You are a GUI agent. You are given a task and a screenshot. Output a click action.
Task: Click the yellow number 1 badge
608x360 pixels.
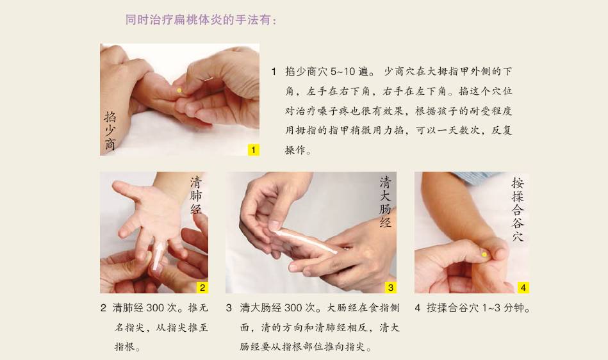click(x=253, y=150)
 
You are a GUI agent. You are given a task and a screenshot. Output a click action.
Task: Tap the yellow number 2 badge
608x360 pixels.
click(x=202, y=287)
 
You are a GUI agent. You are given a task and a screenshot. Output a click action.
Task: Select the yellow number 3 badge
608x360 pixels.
click(x=390, y=287)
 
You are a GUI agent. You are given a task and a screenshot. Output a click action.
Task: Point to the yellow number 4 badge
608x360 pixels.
click(x=523, y=287)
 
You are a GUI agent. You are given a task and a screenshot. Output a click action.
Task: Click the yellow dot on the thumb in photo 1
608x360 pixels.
click(x=179, y=91)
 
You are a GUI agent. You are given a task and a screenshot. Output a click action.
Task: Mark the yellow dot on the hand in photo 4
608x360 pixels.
click(x=484, y=254)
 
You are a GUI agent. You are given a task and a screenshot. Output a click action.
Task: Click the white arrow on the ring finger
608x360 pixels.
click(x=158, y=256)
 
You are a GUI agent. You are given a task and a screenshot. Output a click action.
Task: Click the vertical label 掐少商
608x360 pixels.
click(x=110, y=131)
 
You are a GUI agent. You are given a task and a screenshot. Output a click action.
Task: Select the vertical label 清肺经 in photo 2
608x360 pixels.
click(x=196, y=196)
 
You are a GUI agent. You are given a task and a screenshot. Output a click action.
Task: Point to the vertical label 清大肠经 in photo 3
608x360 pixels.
click(x=385, y=202)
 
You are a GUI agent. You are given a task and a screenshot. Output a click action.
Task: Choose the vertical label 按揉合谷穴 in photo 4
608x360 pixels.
click(x=518, y=209)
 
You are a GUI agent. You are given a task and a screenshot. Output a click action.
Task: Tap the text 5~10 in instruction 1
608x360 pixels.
click(x=343, y=72)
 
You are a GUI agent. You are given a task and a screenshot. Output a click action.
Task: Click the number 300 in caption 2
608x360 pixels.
click(x=155, y=308)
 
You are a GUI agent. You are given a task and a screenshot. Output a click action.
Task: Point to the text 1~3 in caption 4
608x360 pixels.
click(x=491, y=308)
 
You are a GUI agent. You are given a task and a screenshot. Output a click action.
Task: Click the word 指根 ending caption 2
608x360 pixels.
click(x=124, y=347)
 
